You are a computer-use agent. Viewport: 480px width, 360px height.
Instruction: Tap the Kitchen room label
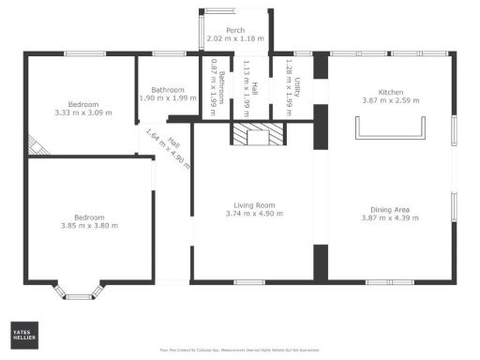[x=390, y=93]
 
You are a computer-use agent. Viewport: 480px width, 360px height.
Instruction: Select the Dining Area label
[x=392, y=209]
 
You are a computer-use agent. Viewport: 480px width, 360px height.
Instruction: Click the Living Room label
[x=253, y=205]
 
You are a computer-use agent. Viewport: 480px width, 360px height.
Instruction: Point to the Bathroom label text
[x=169, y=90]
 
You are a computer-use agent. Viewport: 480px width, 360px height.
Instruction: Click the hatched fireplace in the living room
[x=256, y=135]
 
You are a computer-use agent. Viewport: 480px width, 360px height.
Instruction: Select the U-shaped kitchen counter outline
[x=391, y=130]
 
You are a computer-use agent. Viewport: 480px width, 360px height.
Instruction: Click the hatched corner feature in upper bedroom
[x=36, y=145]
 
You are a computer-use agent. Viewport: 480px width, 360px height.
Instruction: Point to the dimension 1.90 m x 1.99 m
[x=169, y=97]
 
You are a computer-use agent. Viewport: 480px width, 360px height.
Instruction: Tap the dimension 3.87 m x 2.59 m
[x=390, y=100]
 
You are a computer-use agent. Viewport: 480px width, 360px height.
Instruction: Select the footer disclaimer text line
[x=240, y=351]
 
